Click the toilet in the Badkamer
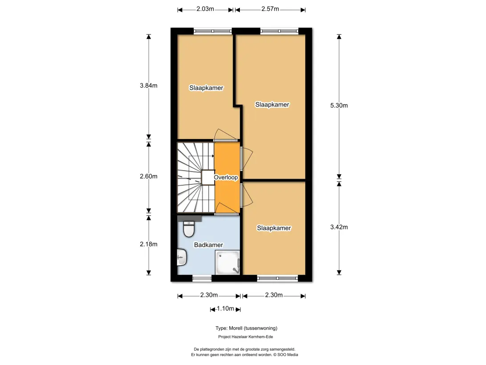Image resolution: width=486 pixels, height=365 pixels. [189, 229]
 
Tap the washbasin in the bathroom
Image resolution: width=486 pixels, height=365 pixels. [182, 257]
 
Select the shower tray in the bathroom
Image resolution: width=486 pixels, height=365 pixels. [227, 262]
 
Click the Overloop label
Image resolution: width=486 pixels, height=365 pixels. [226, 177]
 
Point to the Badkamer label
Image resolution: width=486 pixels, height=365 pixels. [209, 245]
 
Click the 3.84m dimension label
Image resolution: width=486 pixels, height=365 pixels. [149, 86]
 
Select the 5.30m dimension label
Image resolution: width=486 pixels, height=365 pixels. [339, 106]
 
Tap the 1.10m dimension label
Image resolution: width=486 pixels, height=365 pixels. [225, 308]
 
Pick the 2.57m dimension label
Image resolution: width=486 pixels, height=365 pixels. [270, 9]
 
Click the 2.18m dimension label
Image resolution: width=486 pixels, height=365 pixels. [149, 244]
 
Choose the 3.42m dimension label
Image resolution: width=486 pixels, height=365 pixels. [339, 227]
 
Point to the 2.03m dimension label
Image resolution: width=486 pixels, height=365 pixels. [205, 9]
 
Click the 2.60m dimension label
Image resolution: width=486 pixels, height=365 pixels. [149, 176]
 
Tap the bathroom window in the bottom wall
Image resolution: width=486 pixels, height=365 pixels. [202, 279]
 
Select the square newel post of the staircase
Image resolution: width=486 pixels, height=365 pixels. [208, 177]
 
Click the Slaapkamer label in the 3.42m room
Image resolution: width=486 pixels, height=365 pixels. [274, 228]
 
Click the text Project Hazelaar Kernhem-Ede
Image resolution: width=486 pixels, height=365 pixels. [246, 337]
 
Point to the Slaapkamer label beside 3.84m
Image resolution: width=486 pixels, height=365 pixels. [207, 88]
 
